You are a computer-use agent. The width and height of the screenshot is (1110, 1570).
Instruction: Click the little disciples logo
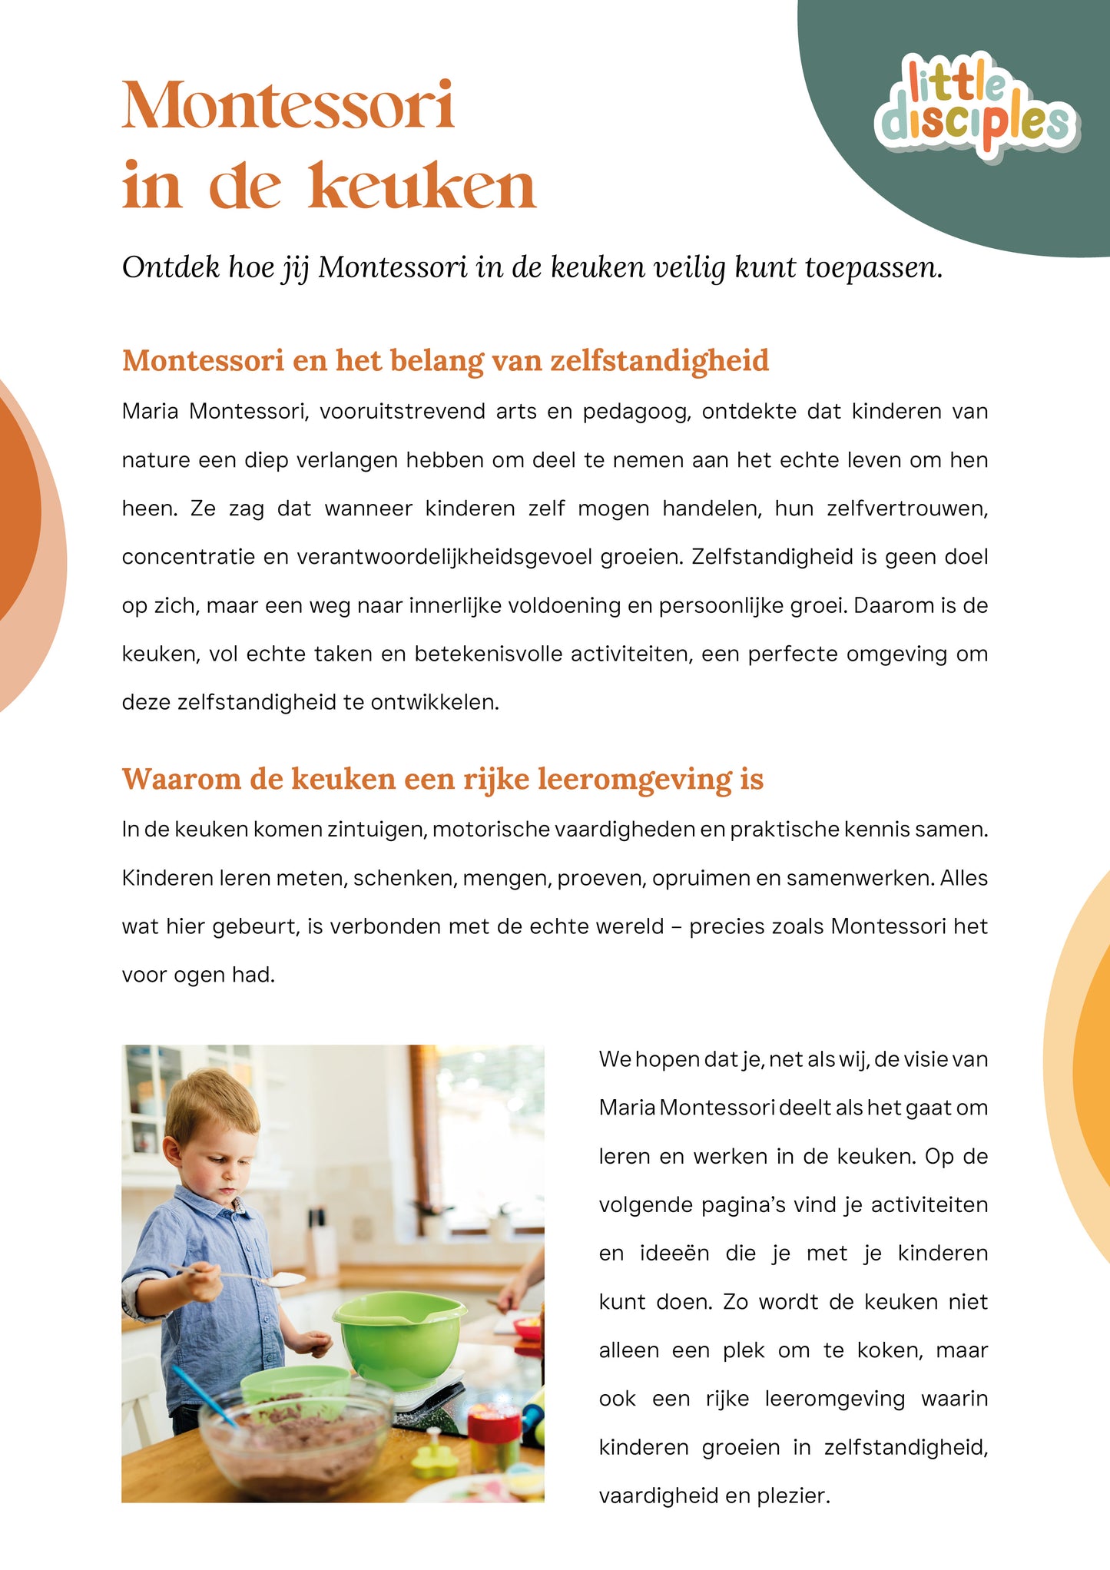(x=976, y=108)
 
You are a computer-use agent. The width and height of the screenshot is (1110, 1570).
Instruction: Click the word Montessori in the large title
(x=288, y=105)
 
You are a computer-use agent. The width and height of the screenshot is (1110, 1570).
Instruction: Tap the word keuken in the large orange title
(x=422, y=187)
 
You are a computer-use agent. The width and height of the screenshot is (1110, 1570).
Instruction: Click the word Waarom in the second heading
(x=181, y=779)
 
